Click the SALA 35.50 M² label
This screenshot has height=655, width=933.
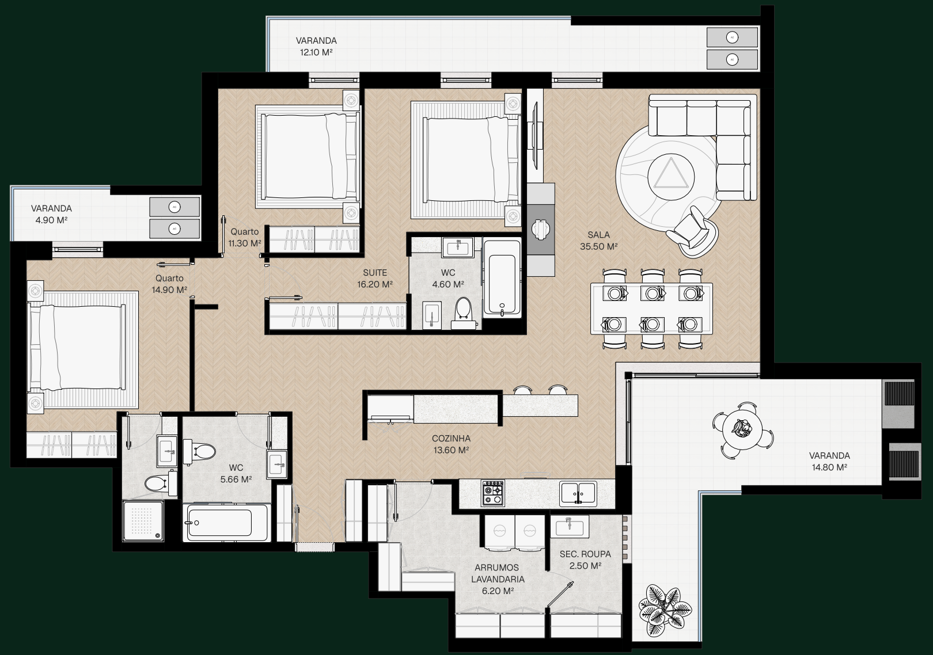(x=598, y=241)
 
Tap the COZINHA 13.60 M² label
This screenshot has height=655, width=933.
(x=451, y=444)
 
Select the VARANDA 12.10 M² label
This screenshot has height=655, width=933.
(x=316, y=46)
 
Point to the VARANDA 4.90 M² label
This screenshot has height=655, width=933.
(x=51, y=214)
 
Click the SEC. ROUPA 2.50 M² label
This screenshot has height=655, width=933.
(x=585, y=559)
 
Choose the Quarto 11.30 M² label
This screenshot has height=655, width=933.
(x=245, y=237)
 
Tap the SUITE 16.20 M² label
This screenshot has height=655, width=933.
(x=375, y=279)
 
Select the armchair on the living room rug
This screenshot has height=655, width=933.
(x=692, y=231)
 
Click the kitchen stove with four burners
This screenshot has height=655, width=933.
(x=493, y=493)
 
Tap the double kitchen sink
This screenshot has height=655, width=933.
(x=578, y=493)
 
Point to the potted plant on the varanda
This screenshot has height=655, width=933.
(x=665, y=611)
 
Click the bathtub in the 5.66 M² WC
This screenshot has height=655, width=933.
(x=226, y=523)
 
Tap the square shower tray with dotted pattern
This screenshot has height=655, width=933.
(x=143, y=520)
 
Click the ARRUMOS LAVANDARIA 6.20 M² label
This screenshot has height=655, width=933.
(x=498, y=579)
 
